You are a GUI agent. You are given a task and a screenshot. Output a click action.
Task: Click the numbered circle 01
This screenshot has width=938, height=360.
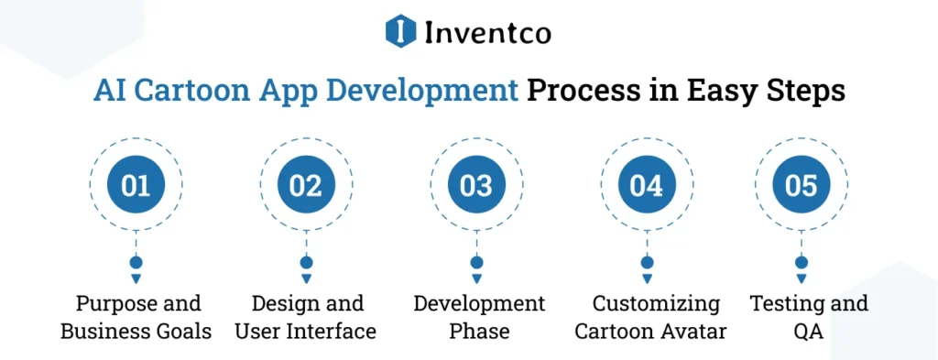136,186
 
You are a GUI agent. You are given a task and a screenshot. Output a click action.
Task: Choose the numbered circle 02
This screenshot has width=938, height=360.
306,186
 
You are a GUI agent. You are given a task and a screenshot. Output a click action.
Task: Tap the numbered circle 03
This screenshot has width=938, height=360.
476,186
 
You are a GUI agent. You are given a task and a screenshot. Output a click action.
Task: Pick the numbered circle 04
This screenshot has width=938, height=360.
647,186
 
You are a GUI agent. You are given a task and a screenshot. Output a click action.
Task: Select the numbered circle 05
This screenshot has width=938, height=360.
802,186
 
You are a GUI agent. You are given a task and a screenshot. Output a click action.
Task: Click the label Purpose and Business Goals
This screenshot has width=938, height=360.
136,317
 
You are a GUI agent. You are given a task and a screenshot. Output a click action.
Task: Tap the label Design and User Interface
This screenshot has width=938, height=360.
306,317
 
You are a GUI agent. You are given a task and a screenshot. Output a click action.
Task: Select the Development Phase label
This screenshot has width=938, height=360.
476,317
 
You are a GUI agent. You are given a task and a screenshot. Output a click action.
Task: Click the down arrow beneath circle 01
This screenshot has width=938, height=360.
136,278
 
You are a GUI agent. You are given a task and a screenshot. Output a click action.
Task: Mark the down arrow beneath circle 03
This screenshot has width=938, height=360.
476,278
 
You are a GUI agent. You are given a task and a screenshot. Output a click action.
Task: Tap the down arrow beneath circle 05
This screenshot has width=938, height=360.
802,278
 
